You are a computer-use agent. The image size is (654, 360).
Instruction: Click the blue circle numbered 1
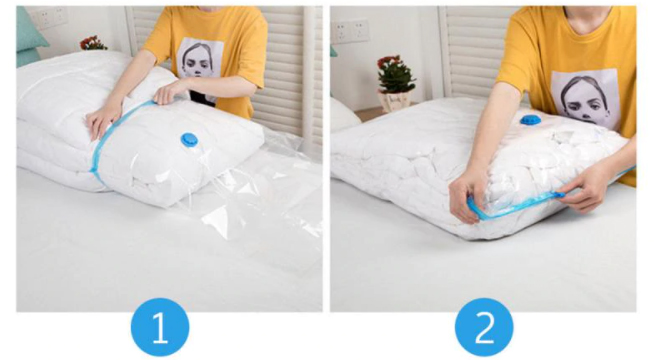160,327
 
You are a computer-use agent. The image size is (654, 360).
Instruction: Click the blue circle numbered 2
484,327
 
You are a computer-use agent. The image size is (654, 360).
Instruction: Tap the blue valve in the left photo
189,140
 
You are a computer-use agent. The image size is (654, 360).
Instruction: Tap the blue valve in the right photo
531,120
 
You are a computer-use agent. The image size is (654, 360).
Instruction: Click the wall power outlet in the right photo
350,31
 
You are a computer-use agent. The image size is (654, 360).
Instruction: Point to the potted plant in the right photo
395,83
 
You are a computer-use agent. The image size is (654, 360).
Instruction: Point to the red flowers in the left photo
93,43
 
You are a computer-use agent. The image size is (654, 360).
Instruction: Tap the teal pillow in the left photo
29,37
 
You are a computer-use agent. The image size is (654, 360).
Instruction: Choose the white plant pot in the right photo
393,102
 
